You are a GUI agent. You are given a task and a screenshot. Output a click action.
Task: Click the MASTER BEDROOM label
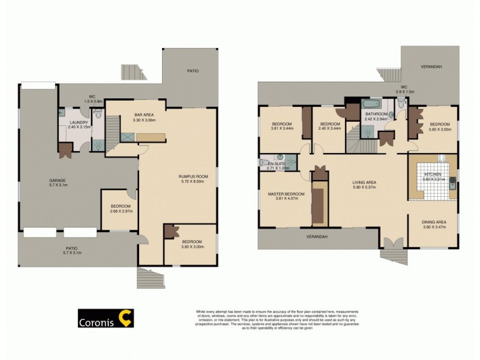pos(286,194)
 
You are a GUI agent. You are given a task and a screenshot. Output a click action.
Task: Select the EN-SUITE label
pos(276,163)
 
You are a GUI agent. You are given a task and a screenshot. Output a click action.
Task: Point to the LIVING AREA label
pos(364,182)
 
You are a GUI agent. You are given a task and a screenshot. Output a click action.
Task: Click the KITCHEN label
pos(432,173)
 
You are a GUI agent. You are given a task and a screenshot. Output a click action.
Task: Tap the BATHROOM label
pos(376,114)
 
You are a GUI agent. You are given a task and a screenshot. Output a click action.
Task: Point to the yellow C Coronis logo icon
pos(125,319)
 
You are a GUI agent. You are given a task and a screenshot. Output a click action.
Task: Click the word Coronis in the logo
pos(97,320)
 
